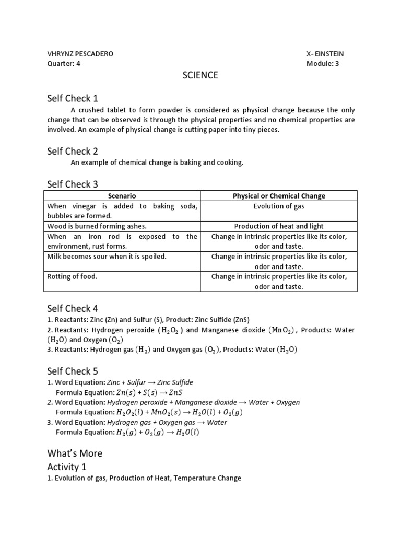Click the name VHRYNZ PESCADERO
coord(80,54)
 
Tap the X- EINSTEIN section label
coord(325,54)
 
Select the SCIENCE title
coord(200,75)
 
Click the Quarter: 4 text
coord(64,64)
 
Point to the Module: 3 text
coord(323,64)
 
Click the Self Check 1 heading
coord(73,98)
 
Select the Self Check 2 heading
coord(73,152)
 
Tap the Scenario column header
coord(122,196)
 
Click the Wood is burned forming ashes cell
coord(97,226)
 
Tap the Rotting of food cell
coord(72,276)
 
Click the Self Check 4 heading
coord(73,308)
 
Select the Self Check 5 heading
coord(73,371)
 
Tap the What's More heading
coord(75,453)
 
